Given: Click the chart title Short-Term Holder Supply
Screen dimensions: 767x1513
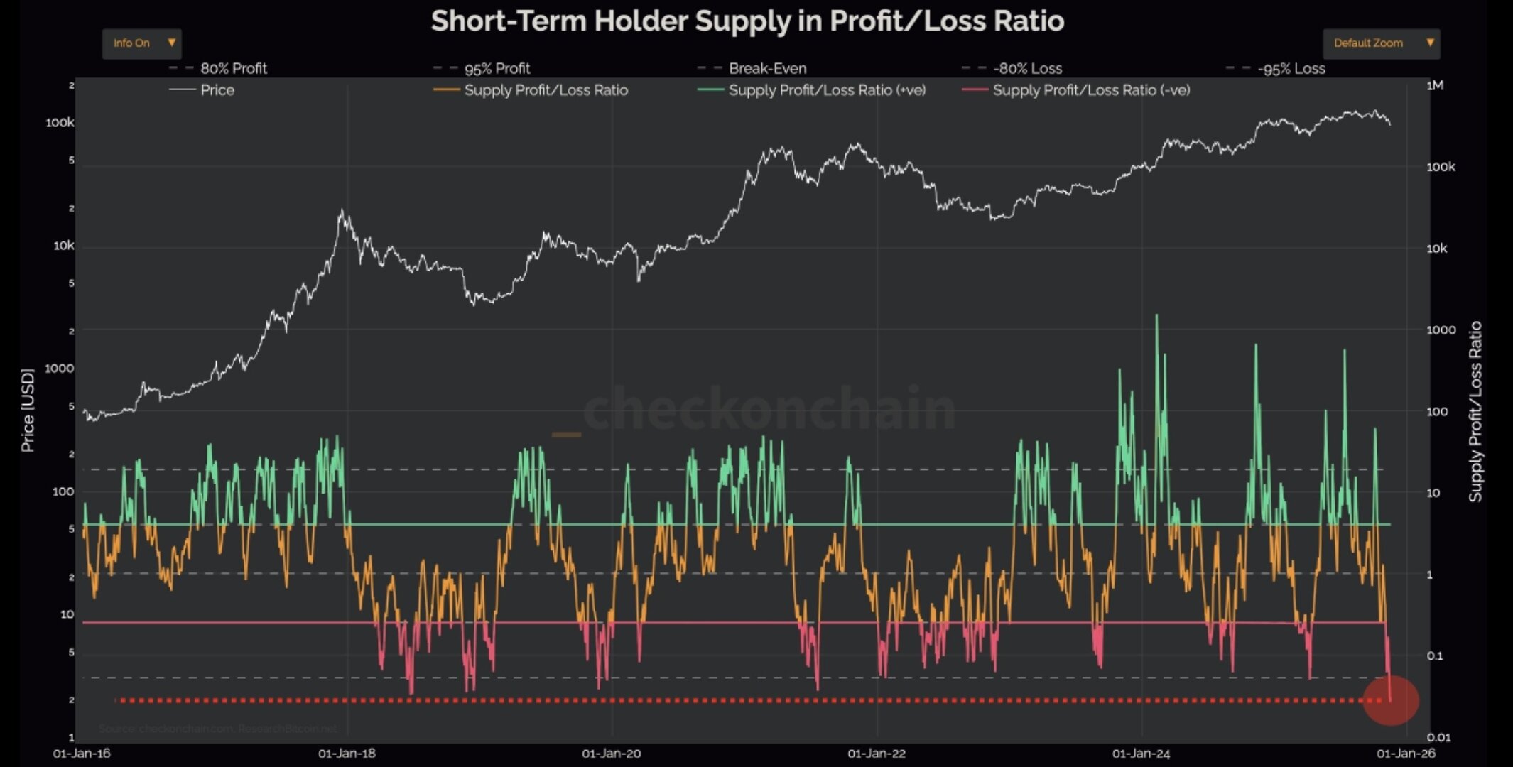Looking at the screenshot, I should tap(747, 21).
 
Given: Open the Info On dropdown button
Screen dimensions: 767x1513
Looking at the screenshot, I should tap(141, 43).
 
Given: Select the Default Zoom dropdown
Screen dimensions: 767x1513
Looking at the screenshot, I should tap(1381, 43).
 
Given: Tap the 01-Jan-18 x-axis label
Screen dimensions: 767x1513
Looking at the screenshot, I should tap(347, 754).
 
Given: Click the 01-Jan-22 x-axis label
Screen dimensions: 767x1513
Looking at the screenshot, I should tap(877, 754).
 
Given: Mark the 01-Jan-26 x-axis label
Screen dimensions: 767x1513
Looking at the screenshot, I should tap(1406, 754).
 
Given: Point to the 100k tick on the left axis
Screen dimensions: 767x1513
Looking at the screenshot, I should tap(60, 123).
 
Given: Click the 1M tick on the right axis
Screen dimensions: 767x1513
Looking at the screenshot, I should tap(1435, 85).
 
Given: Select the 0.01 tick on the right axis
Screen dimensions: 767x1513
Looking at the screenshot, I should tap(1438, 737).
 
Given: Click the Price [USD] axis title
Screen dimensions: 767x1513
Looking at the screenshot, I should tap(28, 410).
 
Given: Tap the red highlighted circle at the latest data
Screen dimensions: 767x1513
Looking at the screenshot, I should tap(1390, 700).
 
